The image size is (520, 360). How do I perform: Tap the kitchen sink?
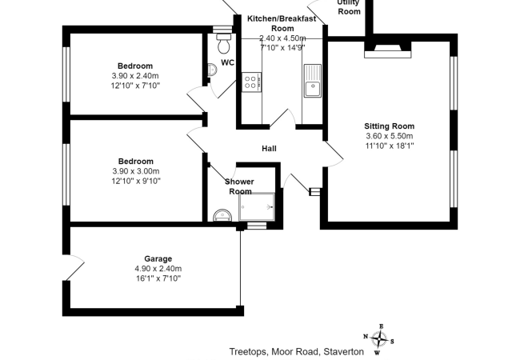click(x=312, y=81)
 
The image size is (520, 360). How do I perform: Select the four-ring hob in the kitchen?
click(x=252, y=82)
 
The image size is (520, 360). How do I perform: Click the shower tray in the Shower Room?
click(x=257, y=207)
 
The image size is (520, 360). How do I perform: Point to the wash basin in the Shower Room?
click(x=222, y=215)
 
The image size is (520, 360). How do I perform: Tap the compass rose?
click(x=378, y=339)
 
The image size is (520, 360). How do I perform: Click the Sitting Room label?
click(x=390, y=126)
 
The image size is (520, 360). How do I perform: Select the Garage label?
click(x=158, y=259)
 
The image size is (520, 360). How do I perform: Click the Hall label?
click(x=269, y=148)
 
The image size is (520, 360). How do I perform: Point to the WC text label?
click(x=227, y=62)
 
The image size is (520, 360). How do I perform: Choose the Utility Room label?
click(x=349, y=7)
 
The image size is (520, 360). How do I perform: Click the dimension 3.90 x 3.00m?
click(x=136, y=171)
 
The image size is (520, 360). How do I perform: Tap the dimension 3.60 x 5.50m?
click(x=390, y=136)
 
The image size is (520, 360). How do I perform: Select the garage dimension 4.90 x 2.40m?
click(x=158, y=269)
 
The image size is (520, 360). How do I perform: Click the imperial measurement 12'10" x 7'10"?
click(x=135, y=86)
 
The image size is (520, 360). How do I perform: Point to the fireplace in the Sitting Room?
click(x=388, y=50)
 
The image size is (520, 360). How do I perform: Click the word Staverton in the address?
click(x=343, y=351)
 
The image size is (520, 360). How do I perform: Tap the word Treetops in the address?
click(x=249, y=352)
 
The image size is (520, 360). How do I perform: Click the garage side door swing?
click(x=74, y=267)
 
